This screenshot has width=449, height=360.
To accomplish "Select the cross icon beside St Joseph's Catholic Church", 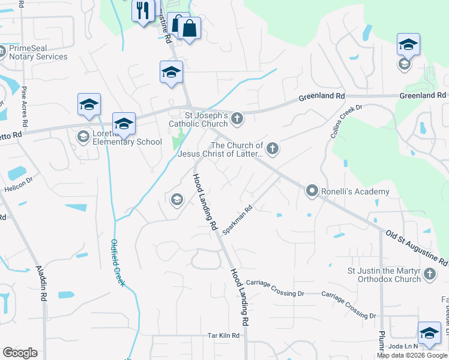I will tap(237, 118).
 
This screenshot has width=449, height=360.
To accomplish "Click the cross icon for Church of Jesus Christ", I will tap(273, 148).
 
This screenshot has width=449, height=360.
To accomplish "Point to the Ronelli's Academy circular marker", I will tap(312, 191).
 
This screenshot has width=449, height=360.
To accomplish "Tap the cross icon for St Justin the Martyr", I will tap(429, 274).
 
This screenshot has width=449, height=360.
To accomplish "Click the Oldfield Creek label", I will tap(117, 263).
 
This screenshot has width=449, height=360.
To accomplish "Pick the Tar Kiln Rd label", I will tap(224, 335).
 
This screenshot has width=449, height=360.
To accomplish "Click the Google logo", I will tap(20, 353).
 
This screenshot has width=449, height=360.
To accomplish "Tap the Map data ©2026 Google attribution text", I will tap(412, 355).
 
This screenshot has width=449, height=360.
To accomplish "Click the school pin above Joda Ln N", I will tap(429, 334).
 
